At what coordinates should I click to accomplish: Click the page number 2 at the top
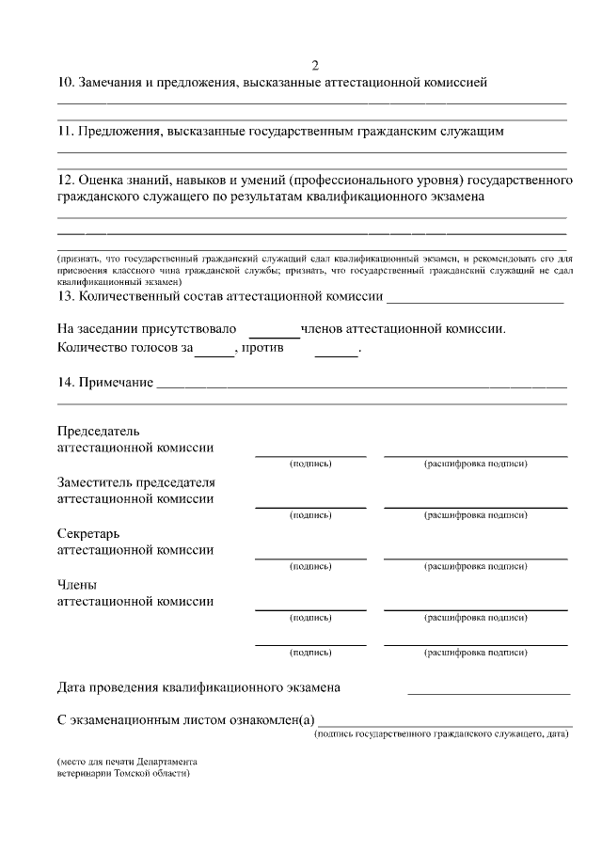315,65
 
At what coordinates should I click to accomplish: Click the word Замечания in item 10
112,83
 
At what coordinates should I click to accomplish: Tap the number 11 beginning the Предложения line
66,132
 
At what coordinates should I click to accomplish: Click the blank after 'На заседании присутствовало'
274,330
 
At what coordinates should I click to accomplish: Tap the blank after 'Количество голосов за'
214,350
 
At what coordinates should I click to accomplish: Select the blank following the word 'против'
336,350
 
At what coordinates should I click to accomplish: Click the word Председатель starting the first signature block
99,431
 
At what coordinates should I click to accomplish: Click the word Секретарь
90,533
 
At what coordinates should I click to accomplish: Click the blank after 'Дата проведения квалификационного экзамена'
488,689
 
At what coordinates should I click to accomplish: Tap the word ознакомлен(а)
267,720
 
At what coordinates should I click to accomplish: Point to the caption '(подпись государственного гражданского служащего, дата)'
441,733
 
